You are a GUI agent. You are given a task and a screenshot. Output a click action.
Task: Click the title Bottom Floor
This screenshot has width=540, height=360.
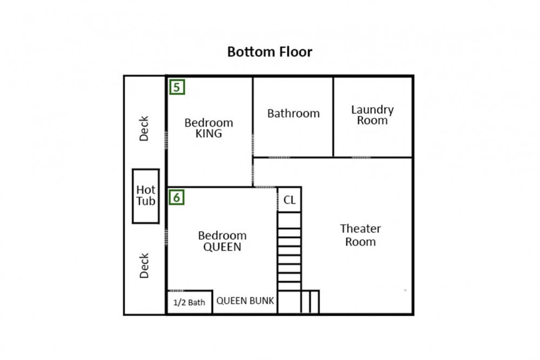[x=269, y=52]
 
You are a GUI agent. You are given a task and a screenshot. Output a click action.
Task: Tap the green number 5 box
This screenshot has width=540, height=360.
[x=177, y=87]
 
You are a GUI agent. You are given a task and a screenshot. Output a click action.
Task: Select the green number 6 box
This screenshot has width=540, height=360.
[x=177, y=197]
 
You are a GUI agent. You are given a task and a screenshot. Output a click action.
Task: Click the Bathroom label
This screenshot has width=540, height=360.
[x=293, y=113]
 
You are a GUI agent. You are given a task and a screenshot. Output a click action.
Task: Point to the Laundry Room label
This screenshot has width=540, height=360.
[x=372, y=115]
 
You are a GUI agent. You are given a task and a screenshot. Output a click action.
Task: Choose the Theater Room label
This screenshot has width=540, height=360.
[x=360, y=235]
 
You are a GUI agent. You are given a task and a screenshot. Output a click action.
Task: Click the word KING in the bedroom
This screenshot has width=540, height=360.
[x=208, y=133]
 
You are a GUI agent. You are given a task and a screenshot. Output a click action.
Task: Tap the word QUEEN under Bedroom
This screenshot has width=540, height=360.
[x=222, y=247]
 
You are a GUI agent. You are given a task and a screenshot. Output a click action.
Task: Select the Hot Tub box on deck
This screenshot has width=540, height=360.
[x=146, y=196]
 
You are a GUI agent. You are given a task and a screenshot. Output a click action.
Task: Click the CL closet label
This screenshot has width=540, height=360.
[x=289, y=200]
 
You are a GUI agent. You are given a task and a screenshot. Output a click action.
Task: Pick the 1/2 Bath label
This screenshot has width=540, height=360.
[x=189, y=302]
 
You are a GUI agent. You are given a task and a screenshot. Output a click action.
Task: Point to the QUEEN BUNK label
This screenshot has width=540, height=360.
[x=245, y=301]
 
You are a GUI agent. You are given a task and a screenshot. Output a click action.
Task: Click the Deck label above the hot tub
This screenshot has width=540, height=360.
[x=144, y=128]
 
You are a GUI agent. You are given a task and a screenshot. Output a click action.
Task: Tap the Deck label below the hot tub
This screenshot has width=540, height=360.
[x=144, y=266]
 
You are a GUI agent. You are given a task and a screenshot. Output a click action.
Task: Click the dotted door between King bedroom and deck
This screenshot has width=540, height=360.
[x=166, y=140]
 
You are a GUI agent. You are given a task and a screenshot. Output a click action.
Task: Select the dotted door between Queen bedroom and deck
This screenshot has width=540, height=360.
[x=166, y=237]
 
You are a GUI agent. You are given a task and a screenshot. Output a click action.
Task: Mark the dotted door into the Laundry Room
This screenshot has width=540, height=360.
[x=361, y=157]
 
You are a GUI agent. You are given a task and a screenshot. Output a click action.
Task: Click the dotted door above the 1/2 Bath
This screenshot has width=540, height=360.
[x=177, y=290]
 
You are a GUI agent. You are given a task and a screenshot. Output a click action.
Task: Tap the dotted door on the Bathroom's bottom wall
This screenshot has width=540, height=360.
[x=279, y=157]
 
